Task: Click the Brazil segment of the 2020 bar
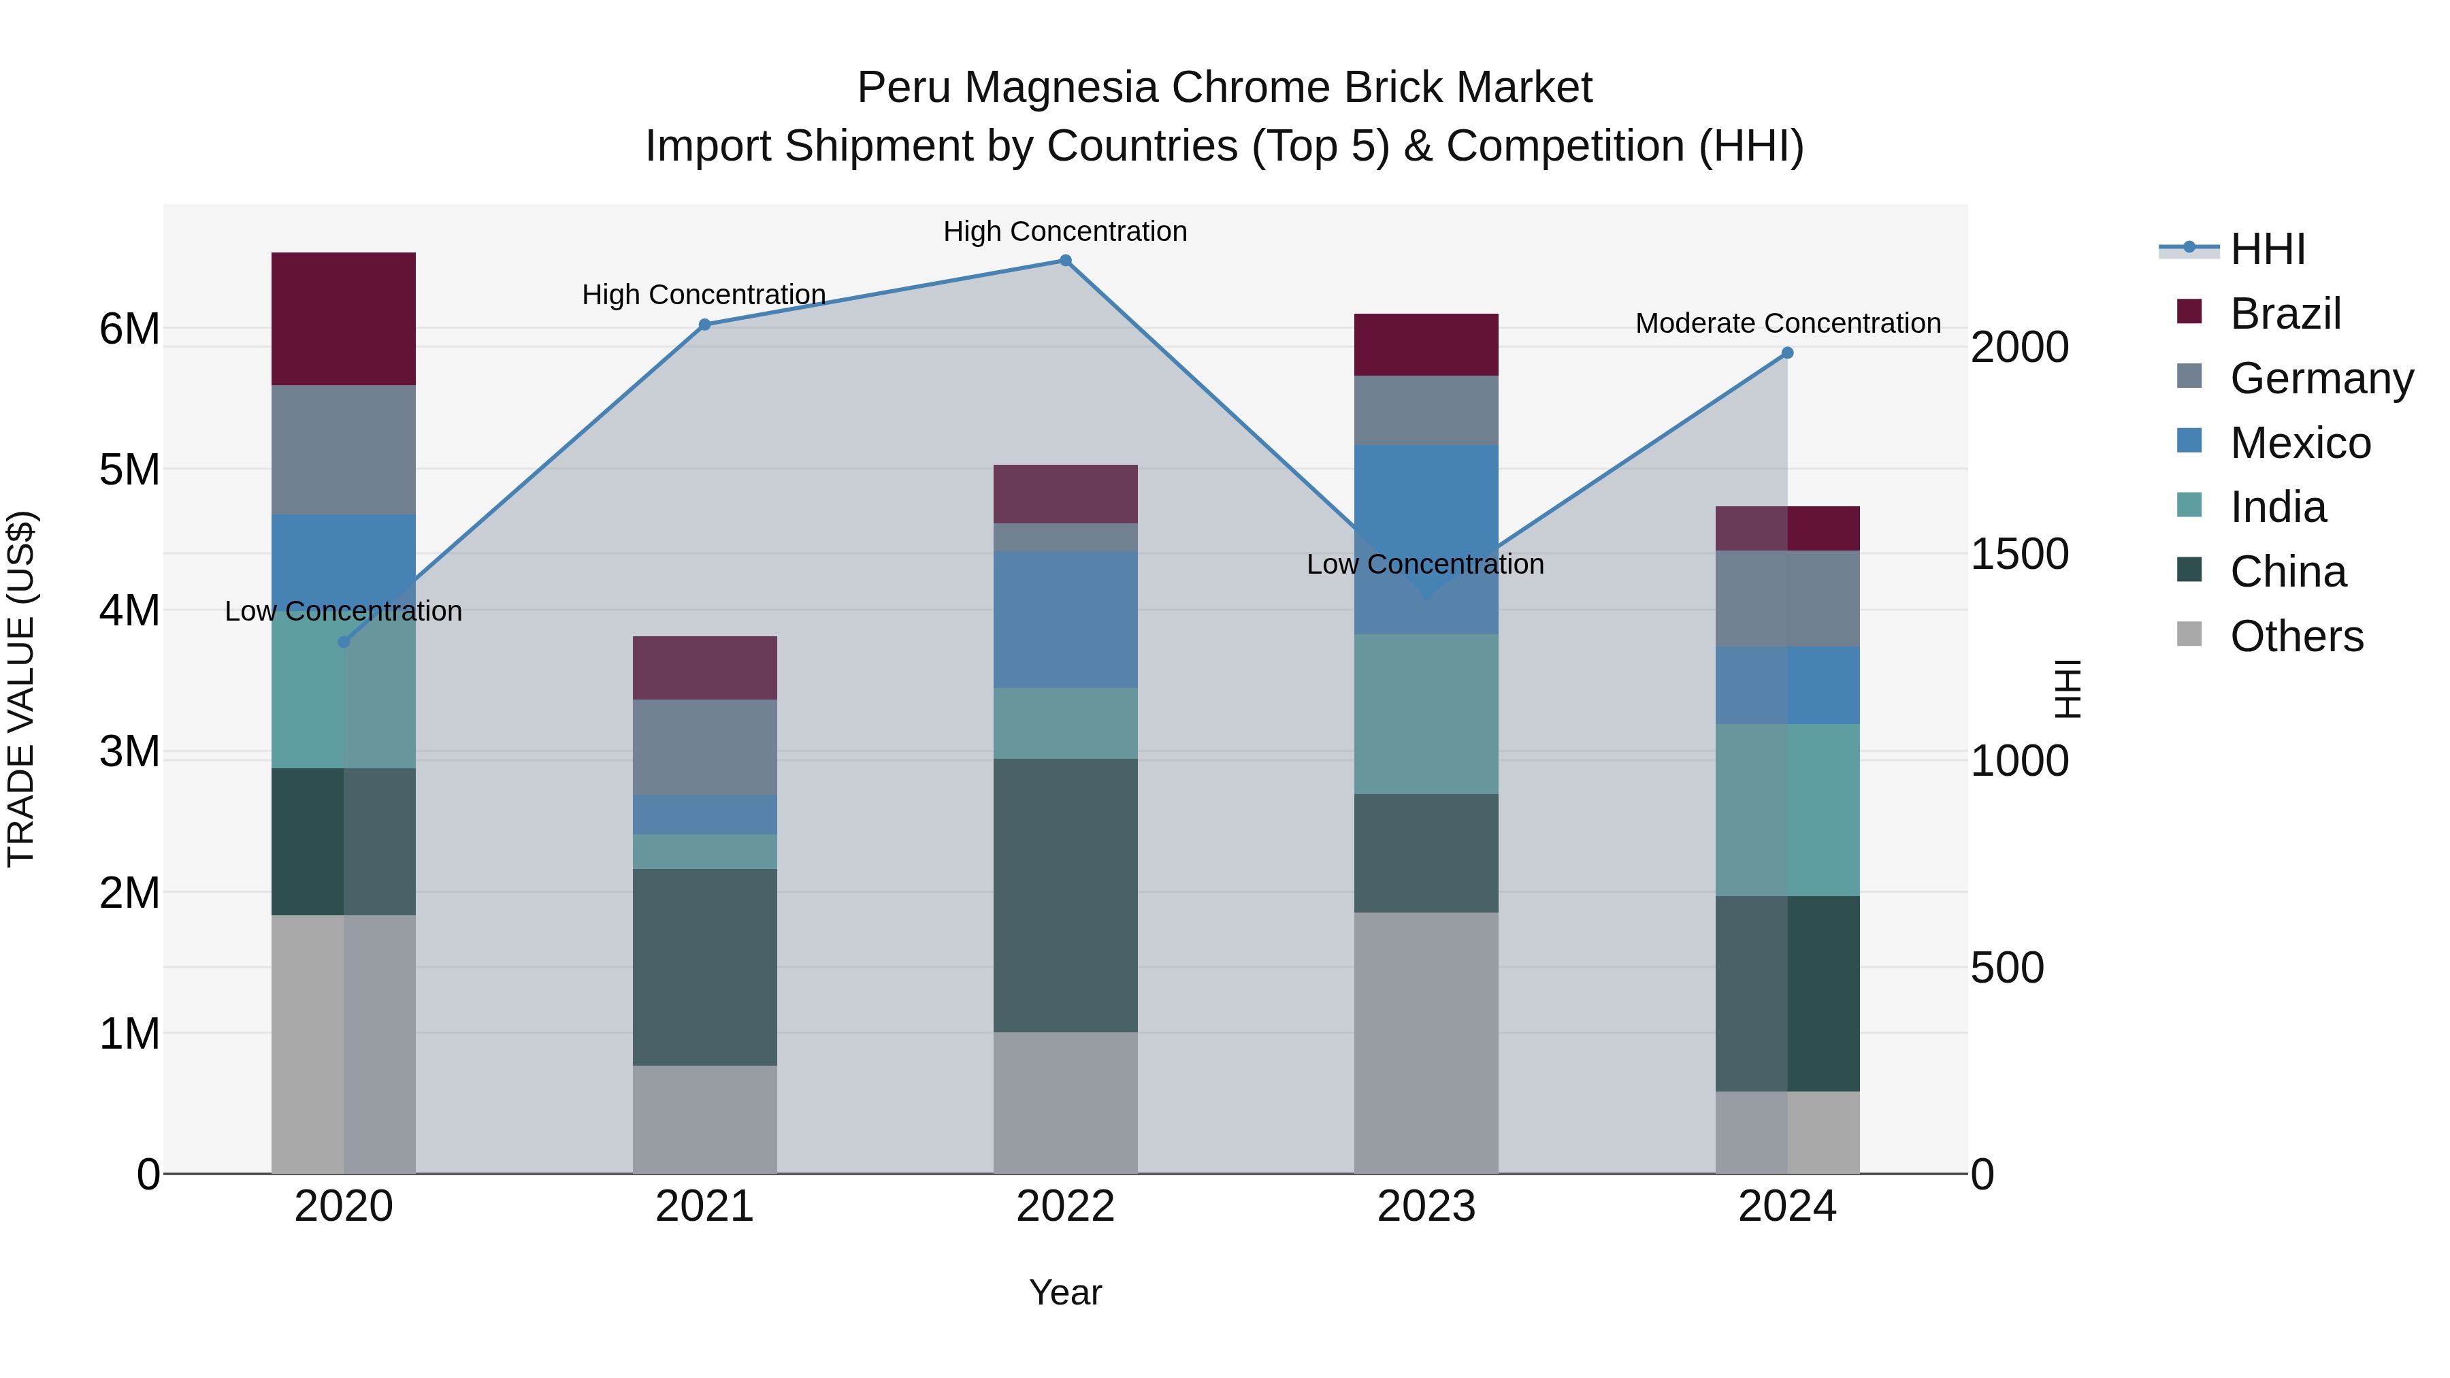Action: (344, 318)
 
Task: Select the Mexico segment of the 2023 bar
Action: (1426, 538)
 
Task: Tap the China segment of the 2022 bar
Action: (1065, 895)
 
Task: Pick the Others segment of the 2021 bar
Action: (705, 1119)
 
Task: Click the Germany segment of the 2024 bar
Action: (1787, 598)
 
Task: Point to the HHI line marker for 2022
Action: (1065, 261)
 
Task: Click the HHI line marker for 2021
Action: (705, 325)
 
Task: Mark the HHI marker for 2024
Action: (1787, 352)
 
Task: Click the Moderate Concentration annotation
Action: (1788, 323)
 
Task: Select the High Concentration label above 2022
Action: (1065, 231)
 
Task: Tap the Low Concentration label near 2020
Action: (344, 610)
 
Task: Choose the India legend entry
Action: (2278, 507)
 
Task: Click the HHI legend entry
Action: (2268, 249)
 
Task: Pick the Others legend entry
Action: (2296, 636)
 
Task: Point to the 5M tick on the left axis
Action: (129, 469)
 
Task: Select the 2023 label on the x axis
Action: (1426, 1207)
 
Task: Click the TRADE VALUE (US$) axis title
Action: (21, 689)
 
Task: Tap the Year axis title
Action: (1065, 1292)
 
